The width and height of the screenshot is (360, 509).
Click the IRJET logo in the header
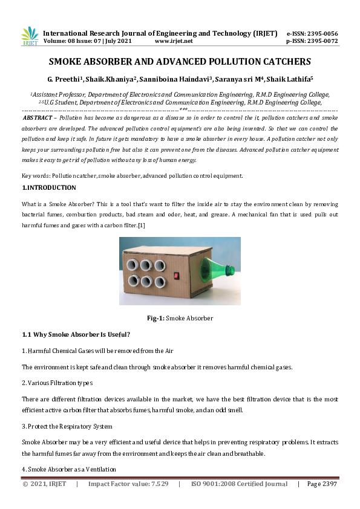click(x=29, y=36)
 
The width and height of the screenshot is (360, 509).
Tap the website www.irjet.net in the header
click(x=174, y=41)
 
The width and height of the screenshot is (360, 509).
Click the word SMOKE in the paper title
click(x=68, y=62)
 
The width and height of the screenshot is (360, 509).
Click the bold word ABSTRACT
click(x=38, y=118)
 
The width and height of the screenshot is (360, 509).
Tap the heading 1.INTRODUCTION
click(x=49, y=188)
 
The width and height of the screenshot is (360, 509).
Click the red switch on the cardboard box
click(x=177, y=276)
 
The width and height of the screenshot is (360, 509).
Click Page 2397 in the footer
click(x=322, y=484)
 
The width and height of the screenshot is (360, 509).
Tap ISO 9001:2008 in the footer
click(x=216, y=484)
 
